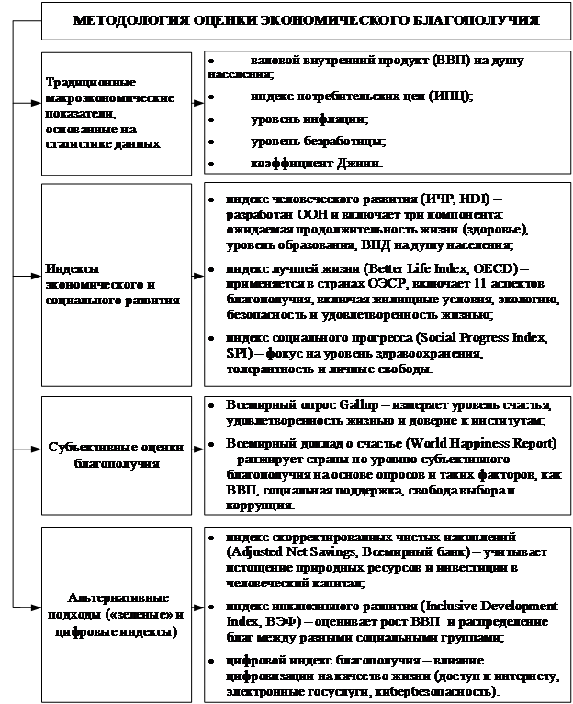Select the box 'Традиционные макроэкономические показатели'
(x=115, y=113)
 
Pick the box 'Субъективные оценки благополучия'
(x=117, y=456)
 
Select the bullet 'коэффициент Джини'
(x=316, y=163)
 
